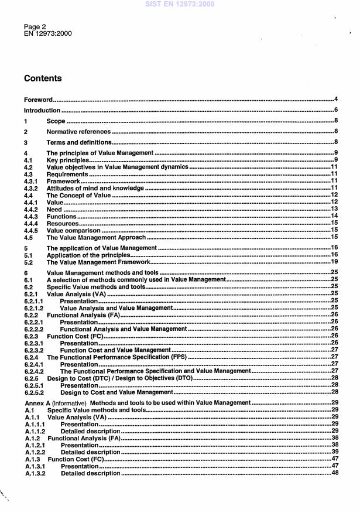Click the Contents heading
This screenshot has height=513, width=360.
(x=43, y=78)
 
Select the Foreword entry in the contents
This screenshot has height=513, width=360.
(x=38, y=100)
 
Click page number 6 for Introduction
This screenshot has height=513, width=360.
(x=337, y=110)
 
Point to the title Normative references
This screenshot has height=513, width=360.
(x=78, y=132)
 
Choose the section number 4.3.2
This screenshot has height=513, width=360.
(x=31, y=189)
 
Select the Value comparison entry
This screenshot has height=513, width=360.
(x=73, y=230)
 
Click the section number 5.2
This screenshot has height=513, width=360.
(x=28, y=262)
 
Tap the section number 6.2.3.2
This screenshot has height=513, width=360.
(x=35, y=350)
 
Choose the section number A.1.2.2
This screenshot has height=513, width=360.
(x=35, y=452)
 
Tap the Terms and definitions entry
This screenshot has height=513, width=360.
(x=78, y=142)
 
